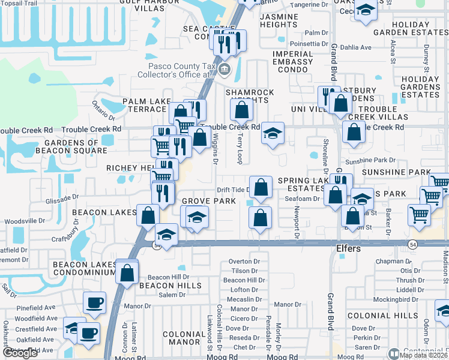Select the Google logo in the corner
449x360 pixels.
(x=20, y=353)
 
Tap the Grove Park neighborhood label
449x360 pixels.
(x=209, y=201)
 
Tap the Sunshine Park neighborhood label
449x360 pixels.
(x=405, y=172)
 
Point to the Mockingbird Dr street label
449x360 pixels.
(x=406, y=298)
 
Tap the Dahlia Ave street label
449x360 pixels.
(x=356, y=47)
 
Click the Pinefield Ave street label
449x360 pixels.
(x=37, y=308)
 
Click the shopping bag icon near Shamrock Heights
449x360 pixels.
(x=241, y=110)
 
